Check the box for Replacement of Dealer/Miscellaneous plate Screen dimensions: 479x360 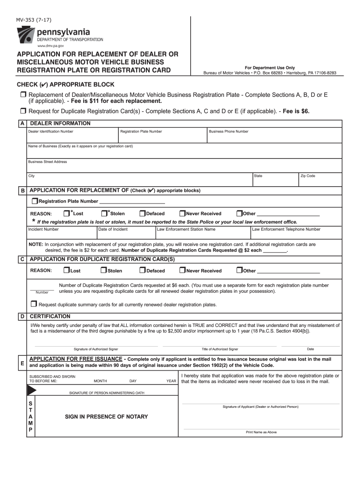tap(23, 95)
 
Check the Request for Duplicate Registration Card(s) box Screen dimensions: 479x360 tap(23, 111)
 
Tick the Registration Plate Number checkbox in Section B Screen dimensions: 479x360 tap(35, 201)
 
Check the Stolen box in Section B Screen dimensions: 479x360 tap(104, 213)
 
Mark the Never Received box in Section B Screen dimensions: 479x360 tap(182, 213)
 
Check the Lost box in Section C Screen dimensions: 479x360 tap(66, 270)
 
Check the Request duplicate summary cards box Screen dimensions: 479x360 tap(35, 304)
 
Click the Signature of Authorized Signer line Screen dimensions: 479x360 tap(96, 344)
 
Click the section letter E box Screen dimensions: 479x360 tap(22, 363)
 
